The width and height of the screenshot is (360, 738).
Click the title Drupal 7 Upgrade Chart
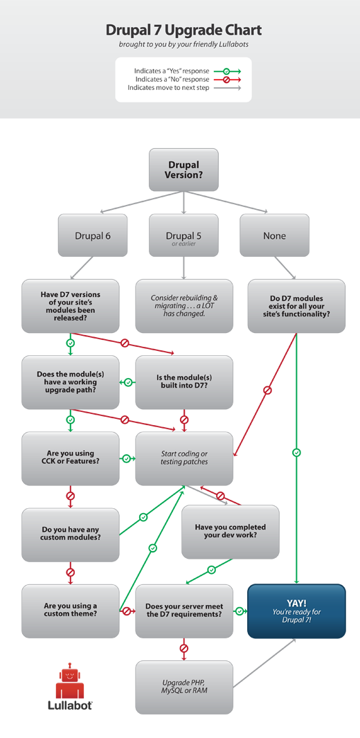(x=183, y=30)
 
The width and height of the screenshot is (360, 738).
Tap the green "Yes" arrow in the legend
(x=226, y=71)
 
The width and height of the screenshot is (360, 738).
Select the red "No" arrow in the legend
(x=226, y=80)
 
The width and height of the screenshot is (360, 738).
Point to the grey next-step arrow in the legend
(x=226, y=88)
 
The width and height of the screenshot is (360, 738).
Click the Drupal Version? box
(x=183, y=170)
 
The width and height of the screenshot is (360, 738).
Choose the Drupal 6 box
(x=93, y=235)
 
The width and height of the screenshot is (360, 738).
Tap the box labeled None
(x=274, y=235)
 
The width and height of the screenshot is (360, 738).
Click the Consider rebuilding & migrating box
(x=184, y=305)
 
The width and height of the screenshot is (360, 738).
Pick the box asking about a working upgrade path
(x=71, y=382)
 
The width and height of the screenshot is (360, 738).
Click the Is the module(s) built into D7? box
(x=184, y=382)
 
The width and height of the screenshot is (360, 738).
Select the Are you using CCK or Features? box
(x=71, y=458)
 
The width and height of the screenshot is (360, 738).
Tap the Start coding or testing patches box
(x=184, y=458)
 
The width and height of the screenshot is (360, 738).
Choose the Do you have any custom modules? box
(x=71, y=534)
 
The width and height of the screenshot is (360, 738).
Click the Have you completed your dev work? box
(x=231, y=532)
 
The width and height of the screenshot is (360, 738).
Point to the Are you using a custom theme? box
(x=71, y=611)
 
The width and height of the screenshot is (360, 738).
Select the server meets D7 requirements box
(x=184, y=611)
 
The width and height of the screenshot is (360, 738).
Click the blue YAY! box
(x=296, y=611)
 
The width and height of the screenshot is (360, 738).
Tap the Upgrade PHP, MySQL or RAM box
(x=184, y=686)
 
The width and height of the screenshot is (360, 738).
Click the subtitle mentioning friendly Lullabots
(x=183, y=44)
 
